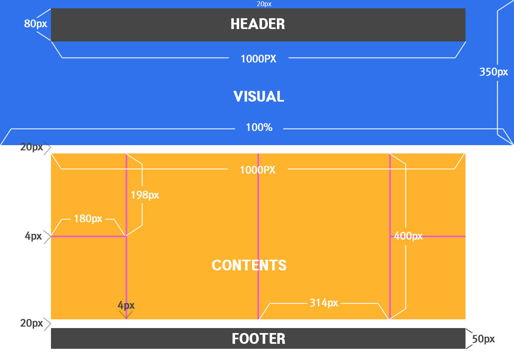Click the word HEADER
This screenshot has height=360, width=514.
pos(258,24)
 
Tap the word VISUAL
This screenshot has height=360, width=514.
pos(259,97)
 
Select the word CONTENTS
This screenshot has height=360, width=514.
pos(249,265)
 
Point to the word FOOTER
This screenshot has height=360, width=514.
pos(259,339)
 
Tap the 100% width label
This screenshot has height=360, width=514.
pos(259,128)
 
